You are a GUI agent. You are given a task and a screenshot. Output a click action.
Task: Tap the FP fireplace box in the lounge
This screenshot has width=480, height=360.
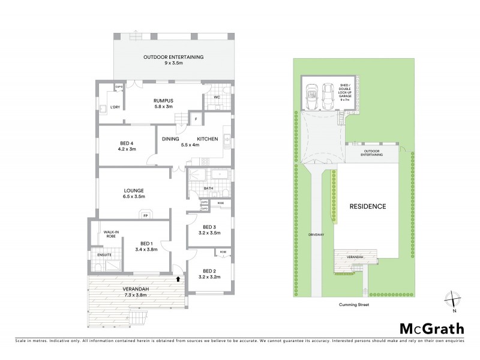click(145, 215)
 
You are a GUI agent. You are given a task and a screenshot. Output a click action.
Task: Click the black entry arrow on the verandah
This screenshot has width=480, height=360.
click(178, 278)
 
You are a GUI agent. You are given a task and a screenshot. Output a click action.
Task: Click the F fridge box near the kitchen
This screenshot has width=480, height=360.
click(196, 119)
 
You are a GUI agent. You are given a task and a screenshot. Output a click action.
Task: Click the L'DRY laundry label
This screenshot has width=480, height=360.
click(115, 107)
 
